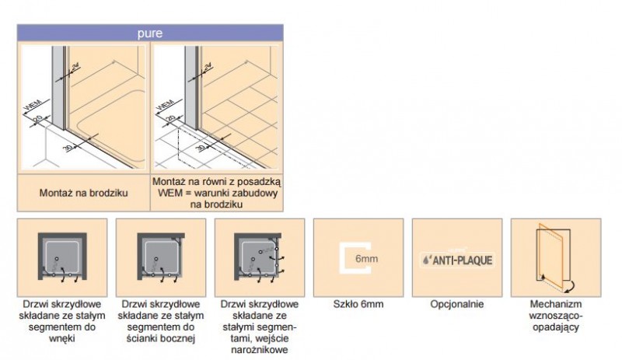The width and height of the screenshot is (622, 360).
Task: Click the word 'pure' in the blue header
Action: coord(150,33)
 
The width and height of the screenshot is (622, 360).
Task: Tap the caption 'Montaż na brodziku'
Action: coord(84,194)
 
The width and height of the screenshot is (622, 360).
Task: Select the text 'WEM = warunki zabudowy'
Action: coord(218,194)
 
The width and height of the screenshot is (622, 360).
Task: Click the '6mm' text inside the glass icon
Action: coord(366,259)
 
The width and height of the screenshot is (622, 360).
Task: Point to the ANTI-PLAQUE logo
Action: coord(457,260)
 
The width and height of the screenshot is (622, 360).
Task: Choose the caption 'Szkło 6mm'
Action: coord(358,305)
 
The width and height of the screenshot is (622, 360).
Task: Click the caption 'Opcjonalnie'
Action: coord(457,305)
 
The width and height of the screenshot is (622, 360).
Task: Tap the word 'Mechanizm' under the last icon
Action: coord(556,305)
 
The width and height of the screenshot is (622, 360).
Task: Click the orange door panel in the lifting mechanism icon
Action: coord(550,256)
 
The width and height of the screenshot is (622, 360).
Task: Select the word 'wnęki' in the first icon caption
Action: coord(62,339)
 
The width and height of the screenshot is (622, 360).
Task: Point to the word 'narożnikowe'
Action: coord(260,350)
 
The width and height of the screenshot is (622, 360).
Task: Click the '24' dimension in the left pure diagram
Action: coord(75,67)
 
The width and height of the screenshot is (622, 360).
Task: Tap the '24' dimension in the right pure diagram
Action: coord(208,67)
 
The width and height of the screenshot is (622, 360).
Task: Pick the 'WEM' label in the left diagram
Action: coord(33,105)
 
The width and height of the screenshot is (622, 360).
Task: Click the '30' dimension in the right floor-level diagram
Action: coord(201,148)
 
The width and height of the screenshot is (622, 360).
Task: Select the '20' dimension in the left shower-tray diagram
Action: coord(38,118)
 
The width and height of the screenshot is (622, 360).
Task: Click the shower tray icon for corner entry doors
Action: coord(258,256)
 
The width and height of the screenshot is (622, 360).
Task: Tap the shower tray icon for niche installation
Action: coord(62,256)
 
